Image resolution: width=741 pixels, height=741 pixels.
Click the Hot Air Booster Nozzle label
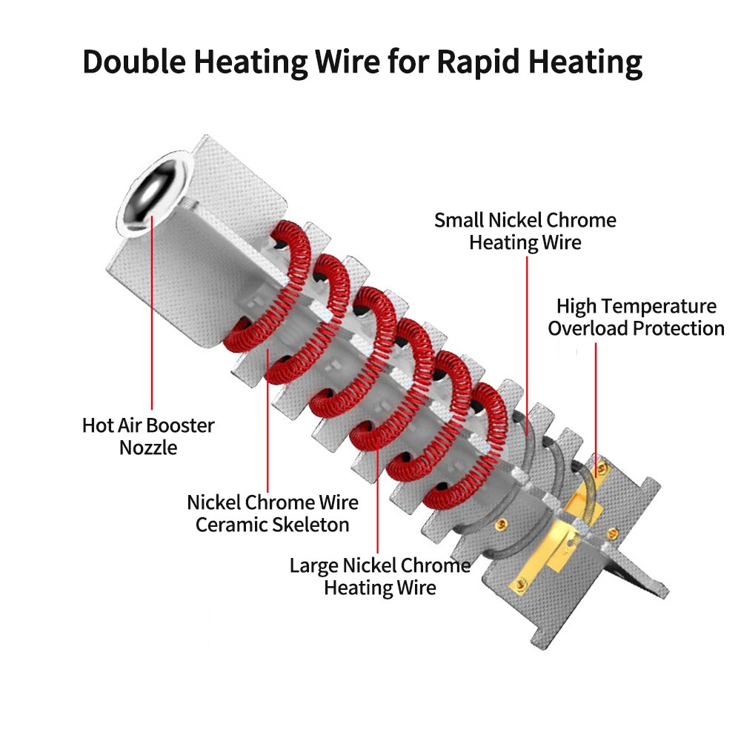click(x=148, y=436)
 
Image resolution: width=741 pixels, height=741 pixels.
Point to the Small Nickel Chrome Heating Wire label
click(x=525, y=230)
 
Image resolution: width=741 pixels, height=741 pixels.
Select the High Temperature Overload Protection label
click(x=636, y=316)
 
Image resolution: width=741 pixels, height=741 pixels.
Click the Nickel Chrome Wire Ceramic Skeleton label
click(x=272, y=513)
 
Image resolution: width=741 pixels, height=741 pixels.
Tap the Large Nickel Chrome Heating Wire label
click(x=379, y=576)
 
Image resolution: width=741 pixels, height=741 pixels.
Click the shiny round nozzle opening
click(x=154, y=191)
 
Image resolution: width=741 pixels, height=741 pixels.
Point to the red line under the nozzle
click(x=151, y=311)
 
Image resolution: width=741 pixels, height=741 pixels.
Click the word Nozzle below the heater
click(x=148, y=448)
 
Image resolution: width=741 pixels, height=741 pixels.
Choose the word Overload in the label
click(x=585, y=328)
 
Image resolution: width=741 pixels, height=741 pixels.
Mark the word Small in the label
click(x=459, y=219)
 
